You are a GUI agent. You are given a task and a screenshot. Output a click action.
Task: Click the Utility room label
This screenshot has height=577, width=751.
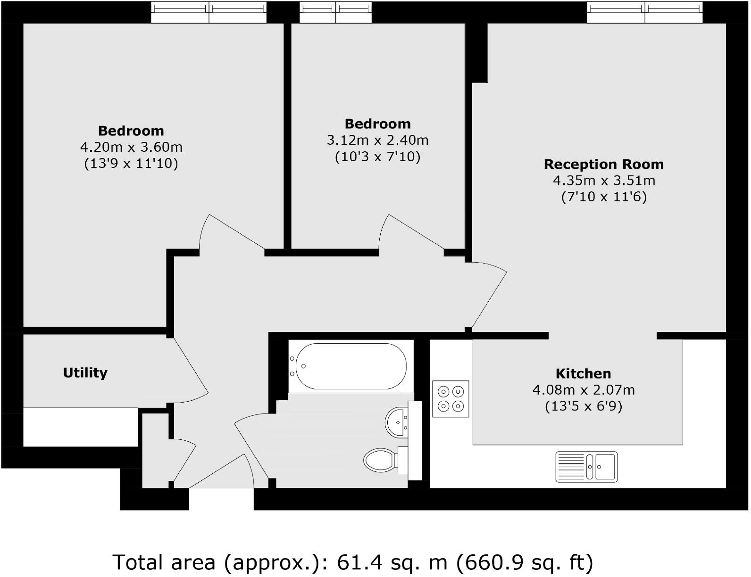85,373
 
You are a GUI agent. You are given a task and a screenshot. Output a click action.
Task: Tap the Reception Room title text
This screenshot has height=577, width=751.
603,165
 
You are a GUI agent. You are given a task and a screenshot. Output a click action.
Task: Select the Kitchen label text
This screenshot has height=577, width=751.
583,374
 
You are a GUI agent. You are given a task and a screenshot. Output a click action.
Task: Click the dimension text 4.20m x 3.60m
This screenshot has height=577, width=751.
131,147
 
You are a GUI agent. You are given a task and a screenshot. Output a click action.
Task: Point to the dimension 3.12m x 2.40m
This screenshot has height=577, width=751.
377,140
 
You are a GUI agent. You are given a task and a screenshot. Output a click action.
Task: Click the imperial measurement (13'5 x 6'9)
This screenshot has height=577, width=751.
583,406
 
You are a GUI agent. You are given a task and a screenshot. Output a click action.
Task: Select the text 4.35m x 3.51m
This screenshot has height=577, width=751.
604,181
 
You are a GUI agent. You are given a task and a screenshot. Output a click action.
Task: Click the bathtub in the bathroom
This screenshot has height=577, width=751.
349,366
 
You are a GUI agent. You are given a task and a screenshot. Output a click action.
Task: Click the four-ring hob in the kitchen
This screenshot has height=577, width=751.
451,398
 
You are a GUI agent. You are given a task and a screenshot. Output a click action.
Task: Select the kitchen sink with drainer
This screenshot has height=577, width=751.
586,466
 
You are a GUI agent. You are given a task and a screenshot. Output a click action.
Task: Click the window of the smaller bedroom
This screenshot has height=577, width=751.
336,12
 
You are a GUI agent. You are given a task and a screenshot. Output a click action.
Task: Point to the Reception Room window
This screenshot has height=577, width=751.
644,12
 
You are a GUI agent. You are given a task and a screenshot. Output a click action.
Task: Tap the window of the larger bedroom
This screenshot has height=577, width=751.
209,12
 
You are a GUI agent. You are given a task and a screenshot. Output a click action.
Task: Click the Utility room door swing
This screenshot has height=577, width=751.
191,372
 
